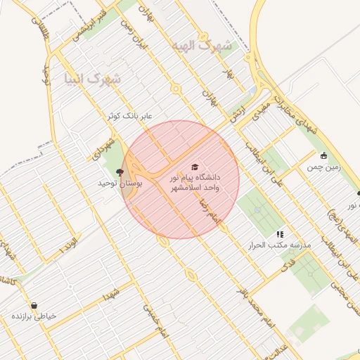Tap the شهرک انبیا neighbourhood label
tap(92, 78)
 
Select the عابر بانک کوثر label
tap(130, 115)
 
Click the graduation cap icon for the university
tap(195, 167)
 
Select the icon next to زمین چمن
tap(323, 156)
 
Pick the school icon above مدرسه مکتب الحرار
tap(280, 234)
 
